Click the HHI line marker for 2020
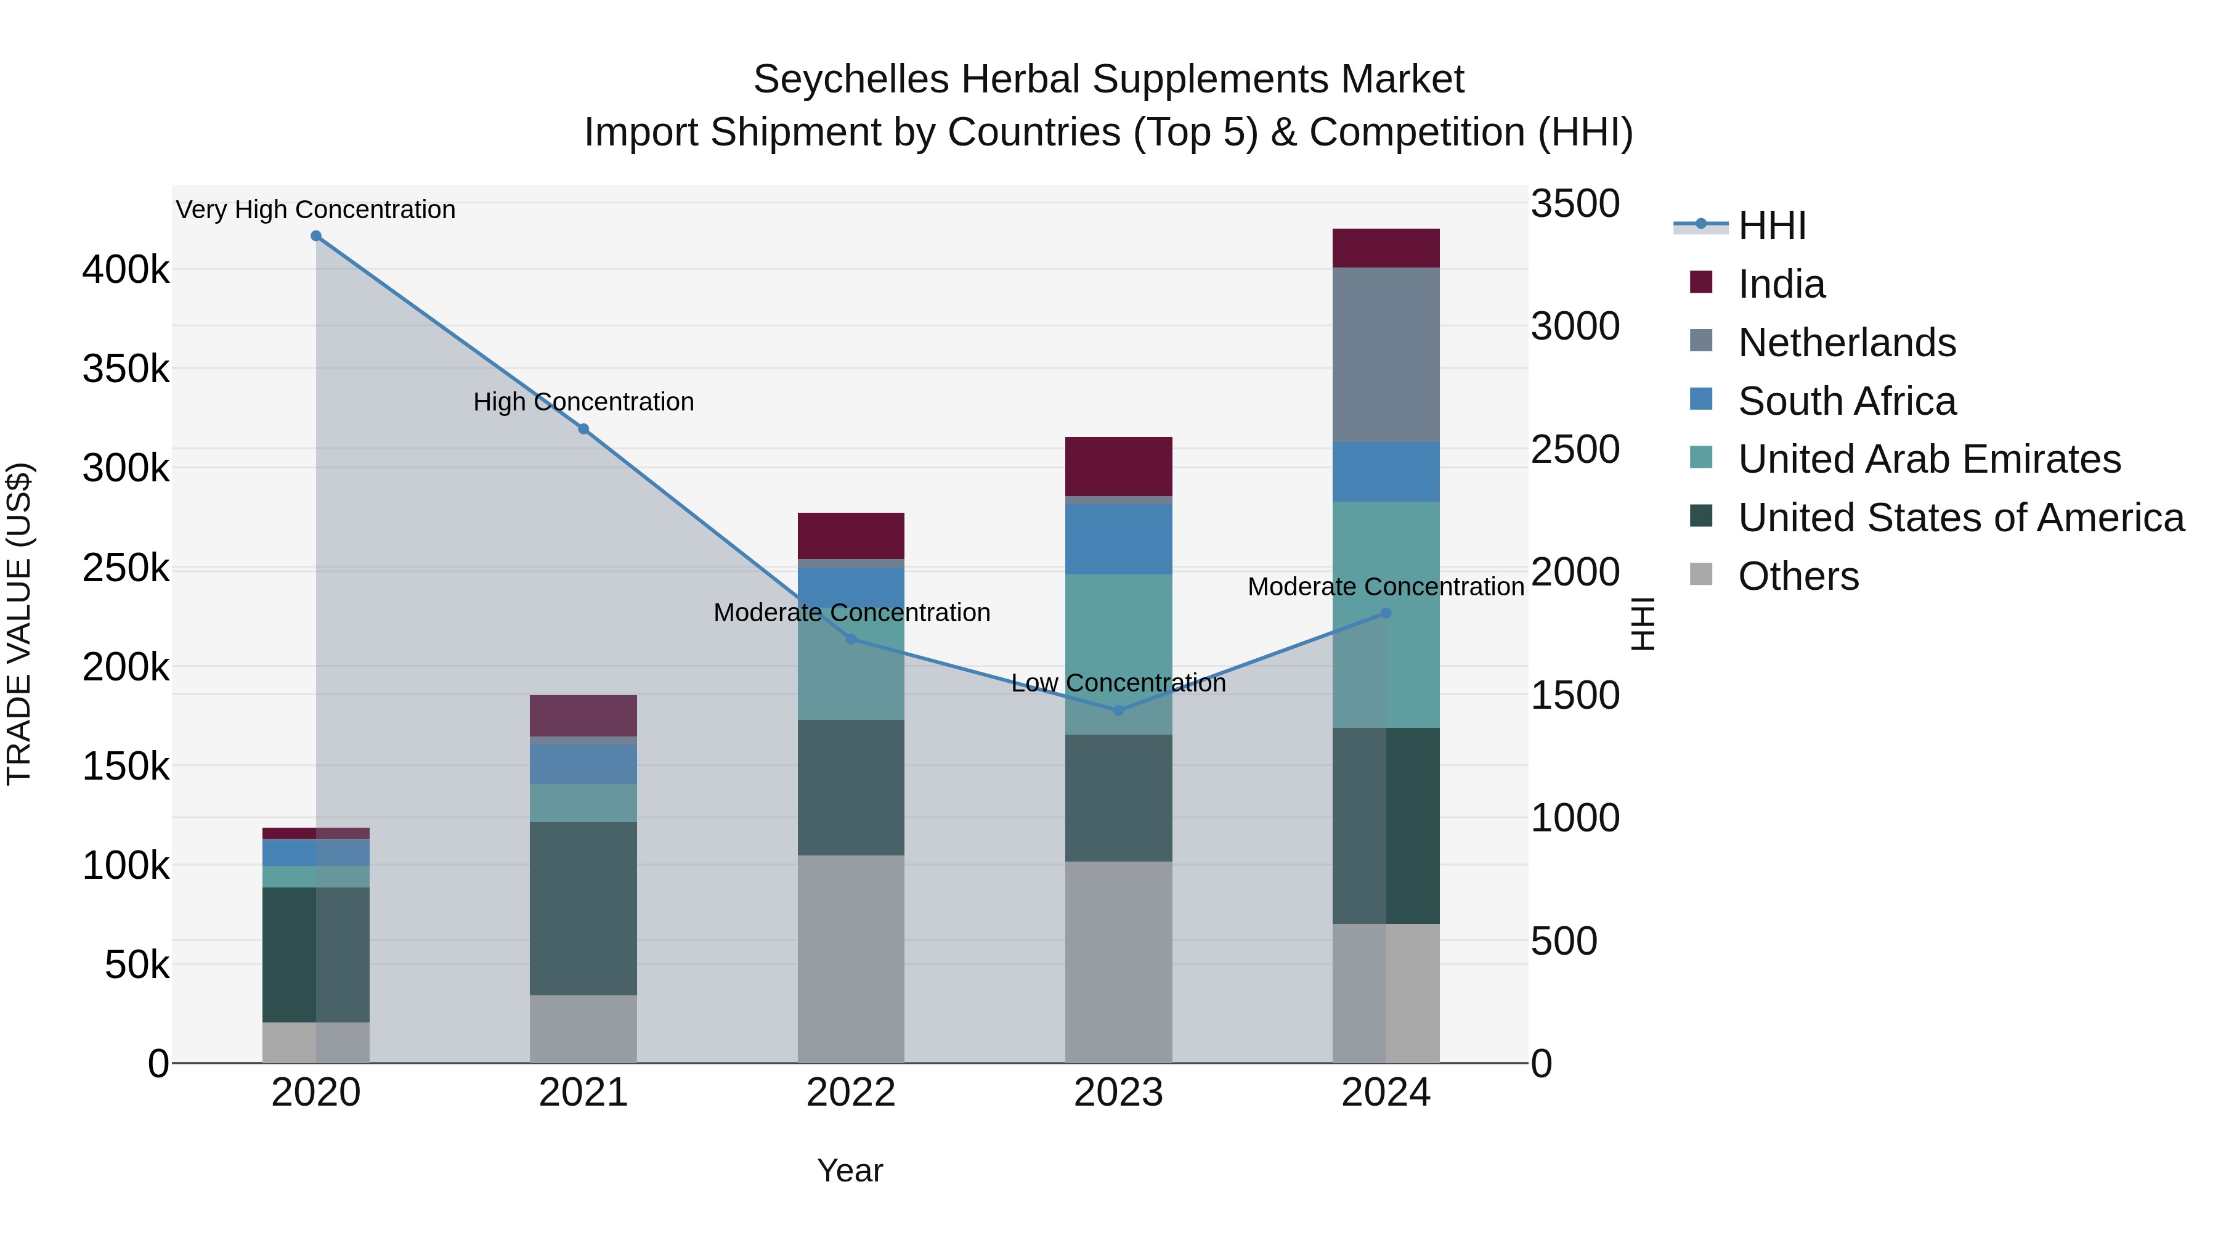(x=316, y=236)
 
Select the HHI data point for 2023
(x=1118, y=711)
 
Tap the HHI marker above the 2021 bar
(x=583, y=429)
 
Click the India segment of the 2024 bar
(x=1386, y=248)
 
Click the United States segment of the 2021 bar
(x=583, y=908)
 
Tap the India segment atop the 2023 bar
(x=1118, y=466)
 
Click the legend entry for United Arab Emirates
(x=1928, y=459)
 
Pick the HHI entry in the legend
(x=1771, y=226)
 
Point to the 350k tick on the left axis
(x=126, y=370)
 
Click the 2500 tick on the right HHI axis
(x=1575, y=450)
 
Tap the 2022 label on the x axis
(x=851, y=1093)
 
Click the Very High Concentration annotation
(x=316, y=210)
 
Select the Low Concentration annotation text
(x=1118, y=683)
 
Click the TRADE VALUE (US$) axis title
(x=19, y=624)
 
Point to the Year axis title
(x=850, y=1170)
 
